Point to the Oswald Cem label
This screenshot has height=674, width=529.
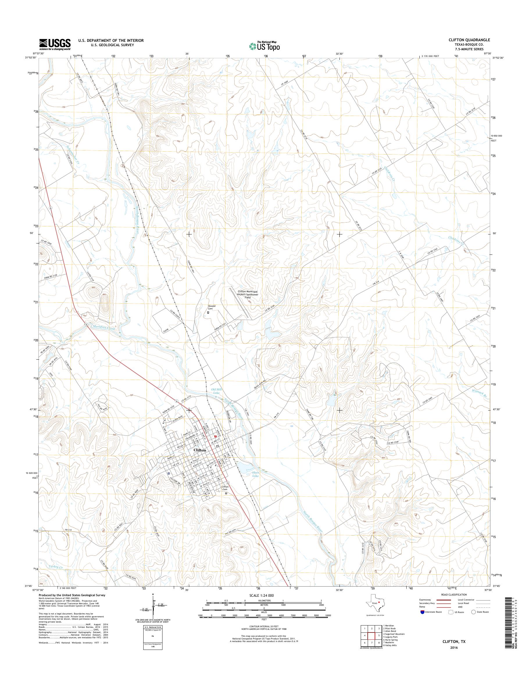(211, 307)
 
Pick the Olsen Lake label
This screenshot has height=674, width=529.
(255, 474)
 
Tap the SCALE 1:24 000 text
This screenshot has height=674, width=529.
(261, 595)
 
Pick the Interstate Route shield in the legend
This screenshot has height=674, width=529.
(422, 612)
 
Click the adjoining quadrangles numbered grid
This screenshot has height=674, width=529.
(371, 637)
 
